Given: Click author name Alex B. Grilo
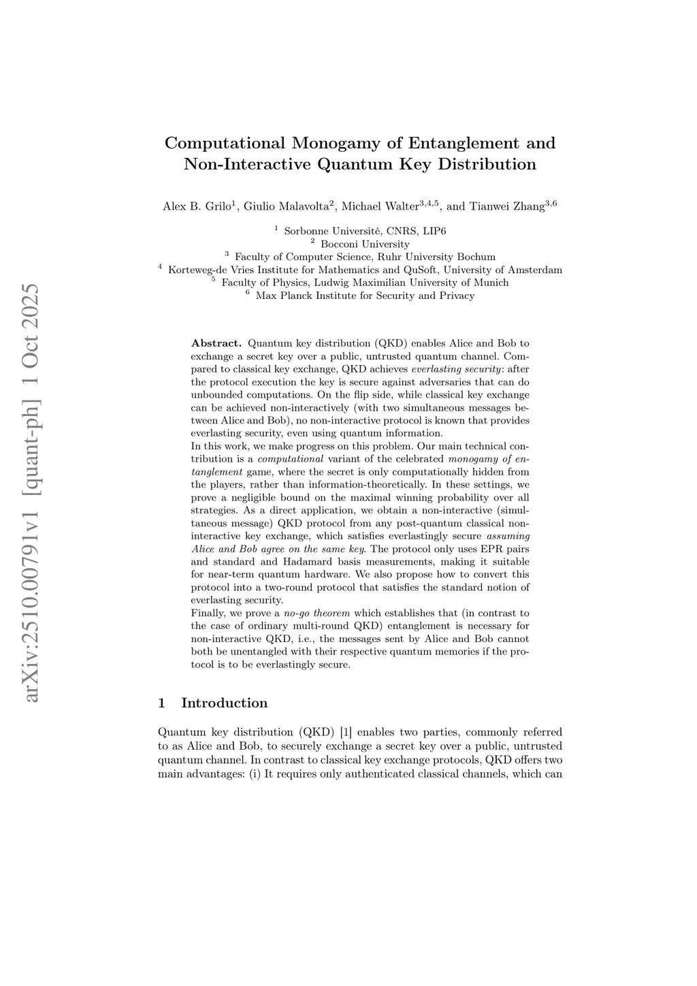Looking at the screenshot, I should tap(197, 206).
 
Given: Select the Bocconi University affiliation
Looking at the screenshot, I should tap(365, 244).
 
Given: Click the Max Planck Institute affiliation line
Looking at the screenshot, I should tap(365, 296).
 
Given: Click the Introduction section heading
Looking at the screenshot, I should tap(224, 703).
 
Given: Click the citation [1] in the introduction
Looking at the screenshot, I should tap(346, 733).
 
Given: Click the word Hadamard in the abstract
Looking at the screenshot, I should tap(312, 562).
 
